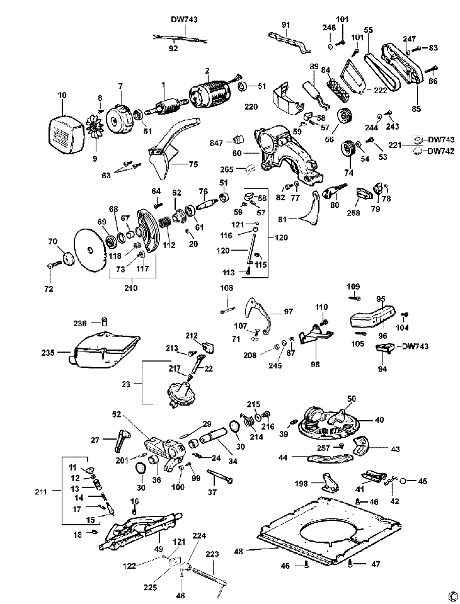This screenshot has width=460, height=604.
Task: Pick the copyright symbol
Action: (x=451, y=595)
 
